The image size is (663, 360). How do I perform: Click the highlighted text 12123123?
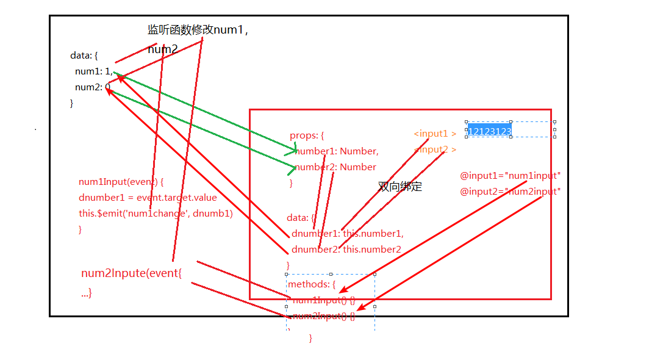(x=489, y=131)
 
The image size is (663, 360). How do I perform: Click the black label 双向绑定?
(x=400, y=187)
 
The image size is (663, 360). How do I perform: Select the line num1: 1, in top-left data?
(x=93, y=71)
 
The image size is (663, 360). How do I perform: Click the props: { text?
(x=307, y=135)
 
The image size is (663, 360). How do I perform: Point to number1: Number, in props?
(x=337, y=151)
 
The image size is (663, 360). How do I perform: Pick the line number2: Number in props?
(x=336, y=167)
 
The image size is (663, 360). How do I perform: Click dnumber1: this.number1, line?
(x=347, y=233)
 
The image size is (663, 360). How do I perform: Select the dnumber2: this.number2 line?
(x=346, y=249)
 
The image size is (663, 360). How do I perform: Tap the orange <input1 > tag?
(x=435, y=134)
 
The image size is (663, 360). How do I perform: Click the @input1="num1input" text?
(x=510, y=176)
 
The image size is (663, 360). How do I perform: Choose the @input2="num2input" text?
(x=510, y=191)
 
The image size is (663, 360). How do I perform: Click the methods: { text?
(x=312, y=284)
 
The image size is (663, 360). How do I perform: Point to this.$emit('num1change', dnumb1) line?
(x=156, y=214)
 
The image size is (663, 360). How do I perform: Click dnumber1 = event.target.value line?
(x=148, y=198)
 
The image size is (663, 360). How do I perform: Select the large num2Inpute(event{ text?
(x=131, y=273)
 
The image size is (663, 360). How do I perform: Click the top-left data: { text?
(x=84, y=56)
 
